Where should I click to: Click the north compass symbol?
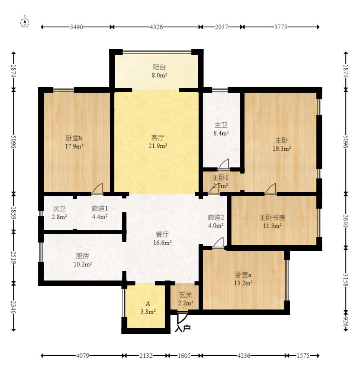tap(25, 22)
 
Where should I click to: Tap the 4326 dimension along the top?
tap(156, 27)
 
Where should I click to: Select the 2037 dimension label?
tap(221, 27)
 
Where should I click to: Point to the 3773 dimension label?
tap(280, 27)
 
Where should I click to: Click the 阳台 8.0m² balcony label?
tap(159, 71)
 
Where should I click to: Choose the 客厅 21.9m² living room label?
tap(158, 142)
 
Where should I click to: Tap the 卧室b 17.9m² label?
tap(74, 142)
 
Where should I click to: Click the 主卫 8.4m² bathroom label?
tap(221, 129)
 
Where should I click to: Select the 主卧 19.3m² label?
tap(282, 145)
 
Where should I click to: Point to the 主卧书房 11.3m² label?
tap(272, 222)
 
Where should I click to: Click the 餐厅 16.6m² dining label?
tap(162, 238)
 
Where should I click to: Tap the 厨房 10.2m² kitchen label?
tap(83, 260)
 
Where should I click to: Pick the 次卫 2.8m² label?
tap(59, 212)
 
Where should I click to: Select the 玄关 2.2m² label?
tap(186, 299)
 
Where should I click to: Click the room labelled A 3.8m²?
tap(148, 307)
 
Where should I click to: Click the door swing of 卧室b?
tap(98, 189)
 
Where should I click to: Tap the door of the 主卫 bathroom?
tap(224, 164)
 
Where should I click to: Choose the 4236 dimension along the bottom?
tap(244, 356)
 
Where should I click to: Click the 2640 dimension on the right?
tap(346, 220)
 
